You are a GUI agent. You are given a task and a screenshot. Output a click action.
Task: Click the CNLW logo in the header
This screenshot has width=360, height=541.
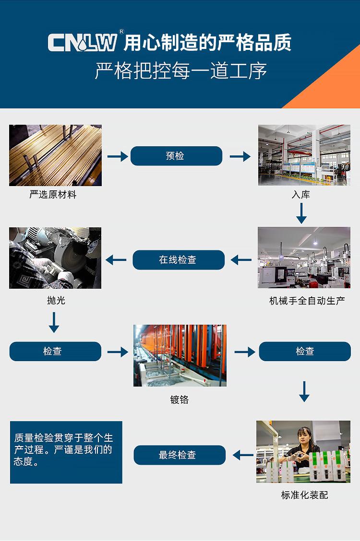83,43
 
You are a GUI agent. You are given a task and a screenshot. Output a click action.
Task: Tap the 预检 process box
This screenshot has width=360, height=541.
176,156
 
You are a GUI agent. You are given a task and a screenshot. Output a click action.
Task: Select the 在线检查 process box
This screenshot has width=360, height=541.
178,260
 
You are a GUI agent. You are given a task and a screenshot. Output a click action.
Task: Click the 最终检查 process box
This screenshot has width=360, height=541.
179,455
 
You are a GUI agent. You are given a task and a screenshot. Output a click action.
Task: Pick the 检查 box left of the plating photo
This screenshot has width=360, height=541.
55,351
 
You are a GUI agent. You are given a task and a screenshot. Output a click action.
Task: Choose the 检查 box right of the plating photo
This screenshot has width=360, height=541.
305,351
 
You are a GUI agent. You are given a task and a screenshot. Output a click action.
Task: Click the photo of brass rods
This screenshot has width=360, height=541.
55,155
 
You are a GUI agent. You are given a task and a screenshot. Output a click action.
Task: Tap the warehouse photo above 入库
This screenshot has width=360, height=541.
304,155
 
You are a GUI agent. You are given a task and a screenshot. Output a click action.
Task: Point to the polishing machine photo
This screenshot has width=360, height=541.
55,258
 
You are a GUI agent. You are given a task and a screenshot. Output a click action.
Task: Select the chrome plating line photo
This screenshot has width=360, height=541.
180,355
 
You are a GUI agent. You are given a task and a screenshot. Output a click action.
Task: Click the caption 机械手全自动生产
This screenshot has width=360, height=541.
307,301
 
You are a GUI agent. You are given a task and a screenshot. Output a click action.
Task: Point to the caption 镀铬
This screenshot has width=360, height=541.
180,400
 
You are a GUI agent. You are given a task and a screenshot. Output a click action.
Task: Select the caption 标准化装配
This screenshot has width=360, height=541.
304,495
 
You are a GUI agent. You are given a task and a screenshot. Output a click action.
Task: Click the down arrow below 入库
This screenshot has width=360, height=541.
301,213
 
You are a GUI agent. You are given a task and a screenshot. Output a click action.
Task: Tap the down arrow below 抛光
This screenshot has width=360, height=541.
54,322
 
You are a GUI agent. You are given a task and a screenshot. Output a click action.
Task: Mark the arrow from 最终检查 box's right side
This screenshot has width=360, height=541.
242,455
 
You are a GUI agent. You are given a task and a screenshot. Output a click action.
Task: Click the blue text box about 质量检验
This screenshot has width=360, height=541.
66,452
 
